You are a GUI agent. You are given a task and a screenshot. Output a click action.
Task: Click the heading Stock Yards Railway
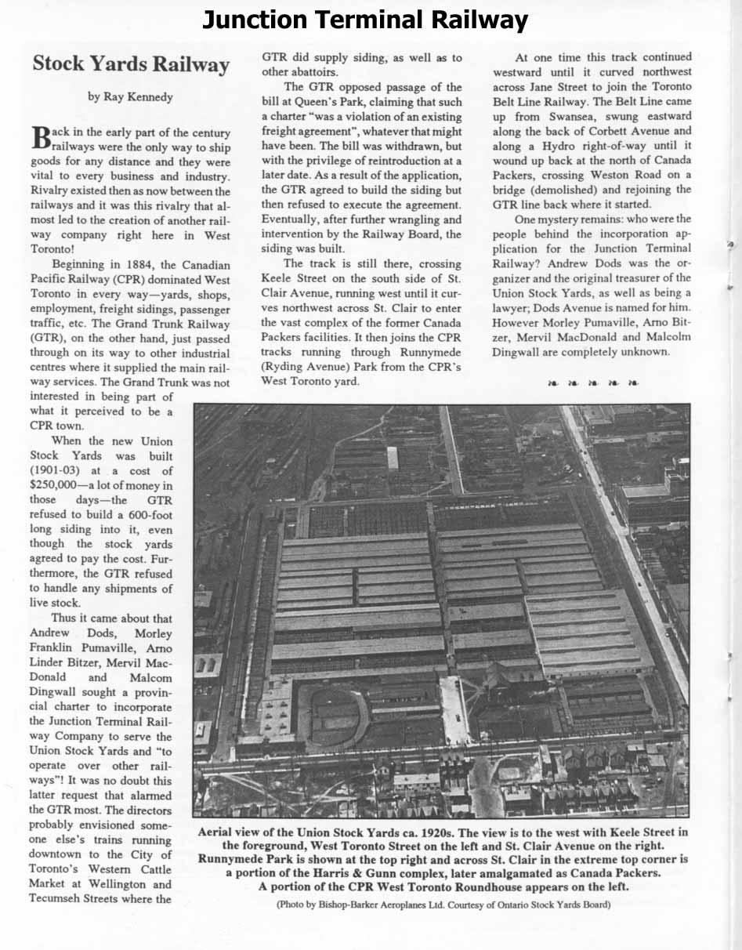pos(131,64)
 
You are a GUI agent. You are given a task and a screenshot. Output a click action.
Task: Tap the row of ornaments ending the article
pos(592,383)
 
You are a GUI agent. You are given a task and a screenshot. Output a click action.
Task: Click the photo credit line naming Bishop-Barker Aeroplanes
pos(443,905)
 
